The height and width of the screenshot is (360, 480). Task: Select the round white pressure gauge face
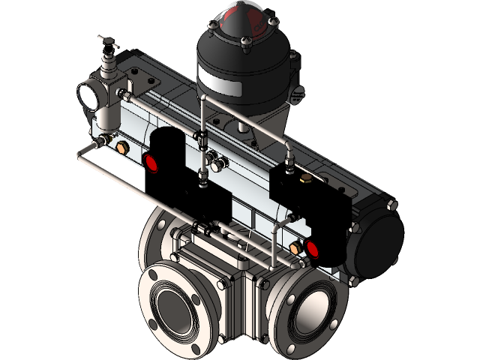coord(89,95)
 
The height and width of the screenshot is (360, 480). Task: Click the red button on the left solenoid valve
coord(152,162)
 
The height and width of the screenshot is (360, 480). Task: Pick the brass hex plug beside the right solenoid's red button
coord(294,247)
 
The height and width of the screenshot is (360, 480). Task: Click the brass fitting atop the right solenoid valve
coord(305,178)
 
